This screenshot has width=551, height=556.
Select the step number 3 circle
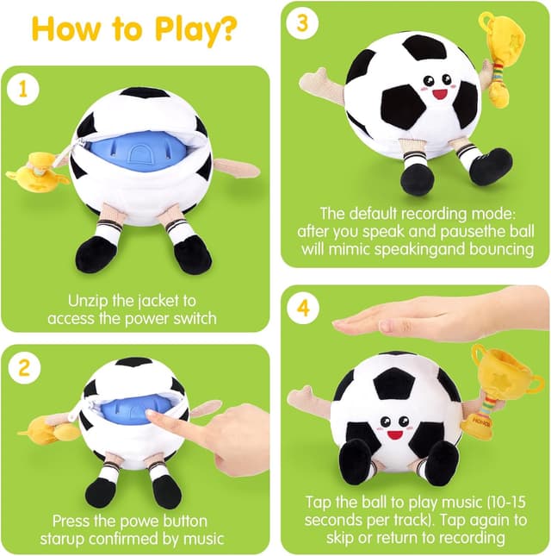(301, 23)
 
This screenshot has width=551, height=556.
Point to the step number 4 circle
(303, 307)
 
